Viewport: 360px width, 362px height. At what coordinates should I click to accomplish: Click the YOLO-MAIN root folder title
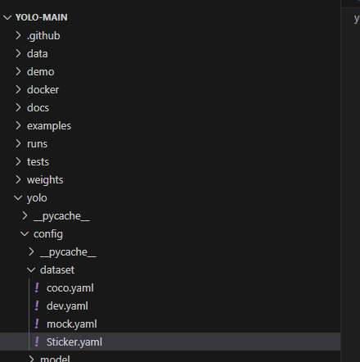pos(42,17)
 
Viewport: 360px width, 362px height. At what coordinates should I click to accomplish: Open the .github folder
pos(43,36)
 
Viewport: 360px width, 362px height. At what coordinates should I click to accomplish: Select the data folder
pos(38,54)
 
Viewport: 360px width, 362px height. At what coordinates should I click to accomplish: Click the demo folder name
pos(41,72)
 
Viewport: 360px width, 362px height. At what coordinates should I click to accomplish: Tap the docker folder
pos(43,90)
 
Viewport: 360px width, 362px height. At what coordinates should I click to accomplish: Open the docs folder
pos(38,108)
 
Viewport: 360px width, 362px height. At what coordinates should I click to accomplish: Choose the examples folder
pos(49,126)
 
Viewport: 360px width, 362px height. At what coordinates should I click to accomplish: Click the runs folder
pos(37,144)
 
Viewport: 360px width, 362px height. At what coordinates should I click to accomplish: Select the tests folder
pos(38,162)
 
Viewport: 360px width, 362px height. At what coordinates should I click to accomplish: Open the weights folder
pos(45,180)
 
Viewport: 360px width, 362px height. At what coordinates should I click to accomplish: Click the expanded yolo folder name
pos(37,198)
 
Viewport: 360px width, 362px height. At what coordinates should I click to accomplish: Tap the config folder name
pos(48,234)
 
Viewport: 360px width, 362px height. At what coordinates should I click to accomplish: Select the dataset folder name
pos(57,270)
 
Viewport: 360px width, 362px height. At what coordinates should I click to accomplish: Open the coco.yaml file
pos(70,288)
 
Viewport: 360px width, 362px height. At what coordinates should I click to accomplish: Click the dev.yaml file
pos(67,306)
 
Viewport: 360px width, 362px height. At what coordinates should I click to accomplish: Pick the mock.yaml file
pos(72,324)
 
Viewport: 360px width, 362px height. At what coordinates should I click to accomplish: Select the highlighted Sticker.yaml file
pos(74,342)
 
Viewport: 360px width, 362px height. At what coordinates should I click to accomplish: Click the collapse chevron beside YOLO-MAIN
pos(7,18)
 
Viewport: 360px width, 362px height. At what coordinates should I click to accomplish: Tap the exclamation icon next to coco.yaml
pos(37,288)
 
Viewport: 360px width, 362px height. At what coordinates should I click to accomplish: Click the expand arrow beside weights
pos(18,179)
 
